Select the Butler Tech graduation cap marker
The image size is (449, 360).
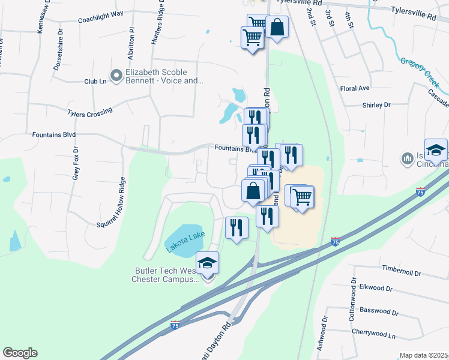coord(208,263)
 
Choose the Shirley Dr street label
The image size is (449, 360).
coord(376,105)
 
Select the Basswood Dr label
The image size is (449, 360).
coord(378,311)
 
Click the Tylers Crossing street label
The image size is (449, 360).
coord(90,112)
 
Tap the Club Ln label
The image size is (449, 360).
coord(95,81)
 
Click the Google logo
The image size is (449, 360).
coord(20,353)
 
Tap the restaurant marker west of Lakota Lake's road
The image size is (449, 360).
coord(237,227)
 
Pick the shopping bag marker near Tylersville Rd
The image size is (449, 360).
coord(276,27)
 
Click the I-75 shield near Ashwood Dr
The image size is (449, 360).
coord(335,242)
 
